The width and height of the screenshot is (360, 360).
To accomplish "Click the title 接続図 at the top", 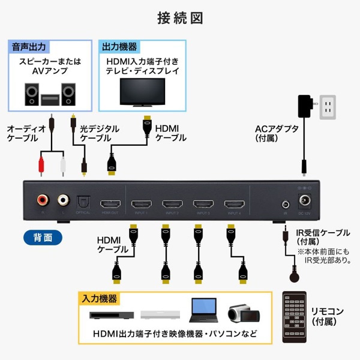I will [180, 18].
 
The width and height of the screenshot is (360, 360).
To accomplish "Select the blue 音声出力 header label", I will [29, 47].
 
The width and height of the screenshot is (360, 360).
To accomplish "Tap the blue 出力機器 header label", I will [119, 47].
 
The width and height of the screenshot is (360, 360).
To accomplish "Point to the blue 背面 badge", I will [43, 238].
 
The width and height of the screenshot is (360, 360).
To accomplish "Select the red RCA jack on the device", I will [43, 200].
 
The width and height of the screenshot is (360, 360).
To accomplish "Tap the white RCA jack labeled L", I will [63, 200].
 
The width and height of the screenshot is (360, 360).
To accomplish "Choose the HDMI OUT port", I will [110, 203].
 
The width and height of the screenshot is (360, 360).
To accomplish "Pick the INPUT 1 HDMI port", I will [141, 203].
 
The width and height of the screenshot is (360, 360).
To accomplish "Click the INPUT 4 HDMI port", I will [234, 203].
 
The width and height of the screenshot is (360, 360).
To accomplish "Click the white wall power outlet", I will [326, 107].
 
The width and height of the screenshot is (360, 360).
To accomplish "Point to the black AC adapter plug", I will [305, 106].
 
